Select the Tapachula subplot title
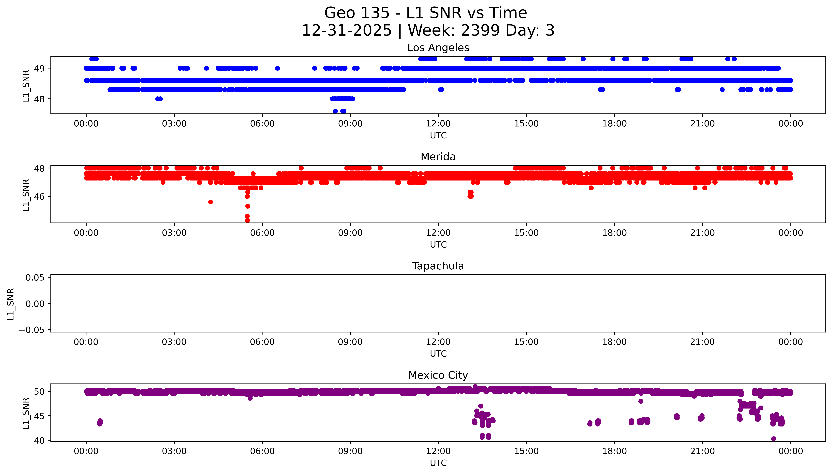point(438,266)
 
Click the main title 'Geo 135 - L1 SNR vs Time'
point(426,13)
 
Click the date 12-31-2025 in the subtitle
point(347,31)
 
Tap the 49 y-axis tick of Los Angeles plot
point(39,68)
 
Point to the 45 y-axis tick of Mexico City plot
point(39,416)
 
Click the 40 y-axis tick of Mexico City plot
point(39,440)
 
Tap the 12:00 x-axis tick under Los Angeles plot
point(438,124)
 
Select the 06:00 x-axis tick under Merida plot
point(262,233)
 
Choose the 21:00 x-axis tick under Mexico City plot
point(702,451)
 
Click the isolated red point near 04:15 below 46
point(210,202)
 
